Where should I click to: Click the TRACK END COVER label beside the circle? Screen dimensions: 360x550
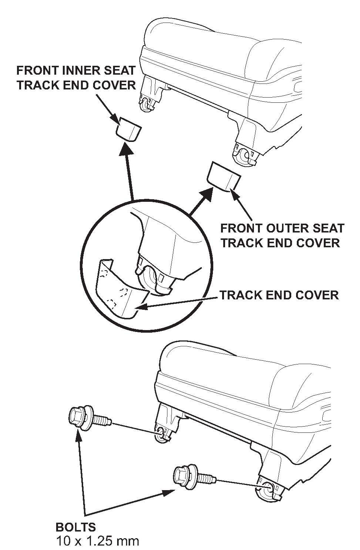(279, 295)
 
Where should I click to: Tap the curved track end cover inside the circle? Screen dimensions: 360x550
(120, 290)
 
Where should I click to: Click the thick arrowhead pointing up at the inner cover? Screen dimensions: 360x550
(126, 149)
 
